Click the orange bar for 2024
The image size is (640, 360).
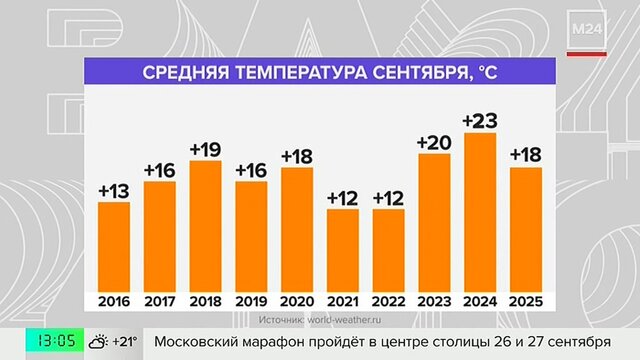pyautogui.click(x=480, y=212)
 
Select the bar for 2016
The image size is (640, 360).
pyautogui.click(x=114, y=247)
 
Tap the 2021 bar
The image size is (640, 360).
pyautogui.click(x=343, y=251)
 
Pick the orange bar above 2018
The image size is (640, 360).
pyautogui.click(x=206, y=226)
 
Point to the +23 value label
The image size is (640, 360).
pyautogui.click(x=480, y=121)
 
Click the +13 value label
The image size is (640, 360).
pyautogui.click(x=114, y=191)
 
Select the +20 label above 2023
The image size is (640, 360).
pyautogui.click(x=434, y=142)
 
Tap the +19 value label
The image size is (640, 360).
pyautogui.click(x=206, y=149)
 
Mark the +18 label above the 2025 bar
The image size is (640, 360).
pyautogui.click(x=526, y=155)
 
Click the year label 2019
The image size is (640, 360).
pyautogui.click(x=251, y=302)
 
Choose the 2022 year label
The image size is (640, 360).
pyautogui.click(x=389, y=302)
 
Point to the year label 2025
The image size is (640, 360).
pyautogui.click(x=526, y=302)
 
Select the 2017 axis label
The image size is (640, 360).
pyautogui.click(x=160, y=302)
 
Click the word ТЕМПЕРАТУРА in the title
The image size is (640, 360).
pyautogui.click(x=301, y=72)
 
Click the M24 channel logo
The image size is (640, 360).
pyautogui.click(x=587, y=29)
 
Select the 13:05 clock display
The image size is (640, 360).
pyautogui.click(x=56, y=340)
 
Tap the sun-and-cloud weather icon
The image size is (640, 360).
pyautogui.click(x=98, y=342)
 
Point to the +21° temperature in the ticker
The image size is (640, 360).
pyautogui.click(x=125, y=341)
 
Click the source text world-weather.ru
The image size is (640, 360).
pyautogui.click(x=344, y=320)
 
